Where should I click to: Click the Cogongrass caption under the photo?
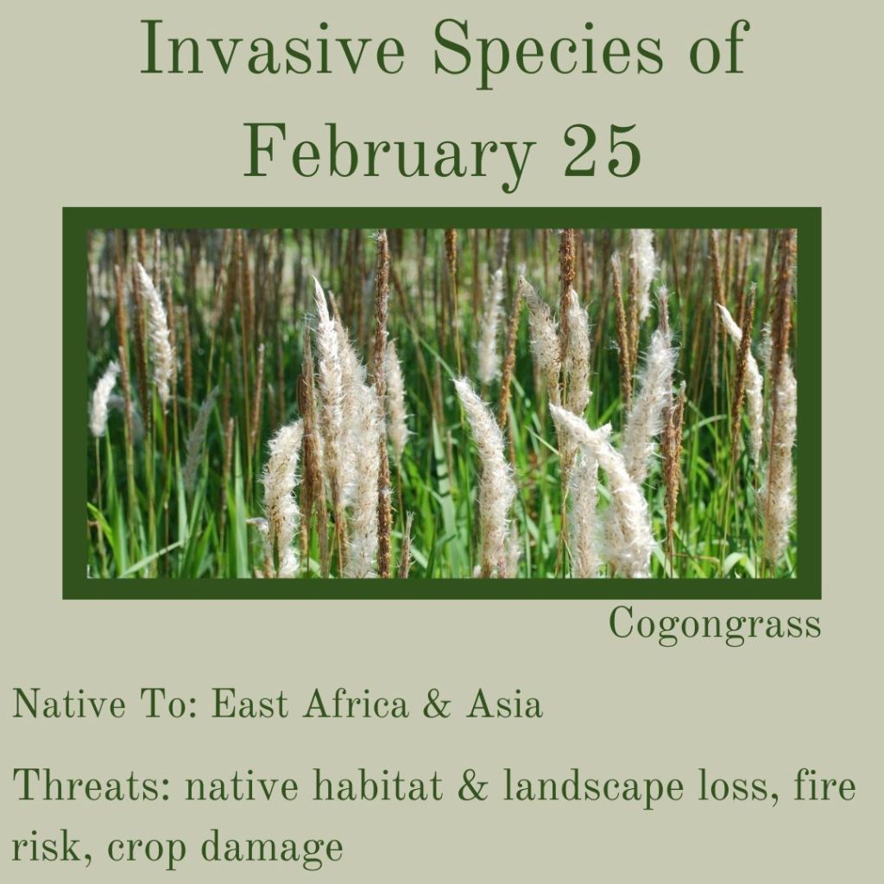[x=715, y=625]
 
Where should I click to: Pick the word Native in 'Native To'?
[x=68, y=704]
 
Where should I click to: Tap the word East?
[x=249, y=704]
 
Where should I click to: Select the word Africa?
[x=356, y=704]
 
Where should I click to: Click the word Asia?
[x=504, y=704]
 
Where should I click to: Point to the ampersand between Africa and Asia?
[x=436, y=704]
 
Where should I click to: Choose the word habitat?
[x=377, y=786]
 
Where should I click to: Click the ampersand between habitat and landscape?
[x=472, y=786]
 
